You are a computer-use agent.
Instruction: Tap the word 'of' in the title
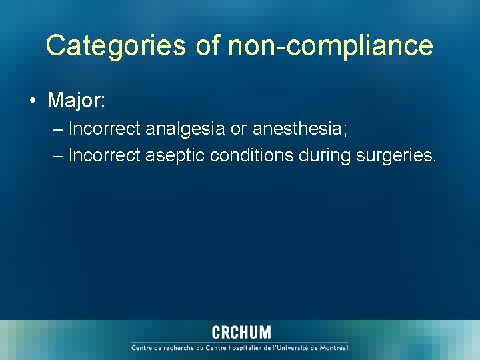209,46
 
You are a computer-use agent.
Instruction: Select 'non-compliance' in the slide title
331,46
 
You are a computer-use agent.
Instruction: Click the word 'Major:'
77,101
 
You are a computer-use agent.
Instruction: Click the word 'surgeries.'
397,155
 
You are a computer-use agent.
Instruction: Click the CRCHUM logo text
241,332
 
